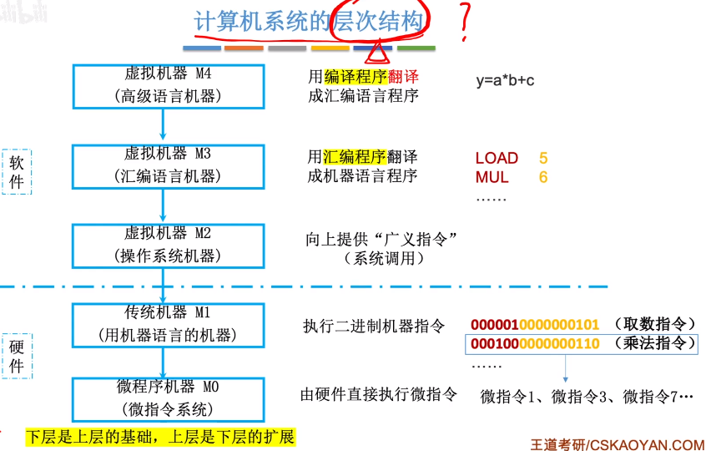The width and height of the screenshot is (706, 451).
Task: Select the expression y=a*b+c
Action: click(505, 81)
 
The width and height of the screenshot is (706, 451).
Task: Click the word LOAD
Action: click(497, 158)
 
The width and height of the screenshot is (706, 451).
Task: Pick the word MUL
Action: click(492, 177)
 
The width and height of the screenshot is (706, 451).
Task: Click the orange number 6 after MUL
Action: click(543, 177)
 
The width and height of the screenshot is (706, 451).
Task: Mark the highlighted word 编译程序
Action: click(356, 77)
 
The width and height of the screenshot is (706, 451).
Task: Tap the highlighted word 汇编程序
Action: click(355, 157)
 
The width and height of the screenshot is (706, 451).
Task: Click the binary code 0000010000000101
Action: click(535, 325)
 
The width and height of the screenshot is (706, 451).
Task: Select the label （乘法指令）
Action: click(654, 344)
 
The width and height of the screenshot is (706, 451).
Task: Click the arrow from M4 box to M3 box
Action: click(163, 124)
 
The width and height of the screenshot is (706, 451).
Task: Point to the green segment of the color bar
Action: click(416, 48)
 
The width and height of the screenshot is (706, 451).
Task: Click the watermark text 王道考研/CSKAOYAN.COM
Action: click(618, 444)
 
